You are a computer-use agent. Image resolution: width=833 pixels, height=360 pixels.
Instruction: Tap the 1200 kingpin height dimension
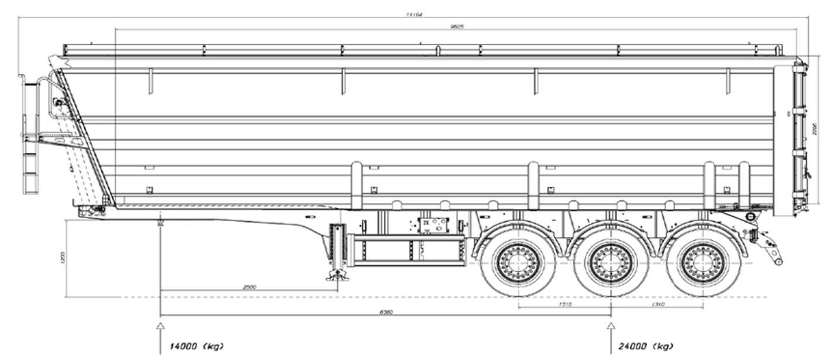pos(63,258)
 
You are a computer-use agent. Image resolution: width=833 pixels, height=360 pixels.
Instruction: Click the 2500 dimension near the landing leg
pos(249,287)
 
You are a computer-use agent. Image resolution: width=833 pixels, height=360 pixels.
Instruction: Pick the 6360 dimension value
pos(386,312)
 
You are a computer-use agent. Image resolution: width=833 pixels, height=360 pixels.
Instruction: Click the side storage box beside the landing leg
pos(407,250)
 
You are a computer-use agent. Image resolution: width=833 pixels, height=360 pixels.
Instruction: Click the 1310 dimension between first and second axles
pos(565,304)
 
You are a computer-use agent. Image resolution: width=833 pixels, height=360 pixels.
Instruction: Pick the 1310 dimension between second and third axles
pos(657,304)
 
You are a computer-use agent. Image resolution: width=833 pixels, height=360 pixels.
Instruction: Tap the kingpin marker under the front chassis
pos(160,222)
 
